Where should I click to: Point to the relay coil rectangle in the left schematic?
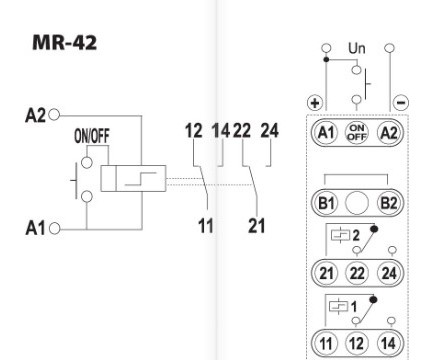(x=131, y=179)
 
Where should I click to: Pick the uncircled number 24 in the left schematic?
(x=269, y=130)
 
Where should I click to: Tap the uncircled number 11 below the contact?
(x=205, y=226)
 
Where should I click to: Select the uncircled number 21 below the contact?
(x=258, y=226)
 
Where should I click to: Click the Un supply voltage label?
(x=356, y=48)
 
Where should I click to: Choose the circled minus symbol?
(x=399, y=102)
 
